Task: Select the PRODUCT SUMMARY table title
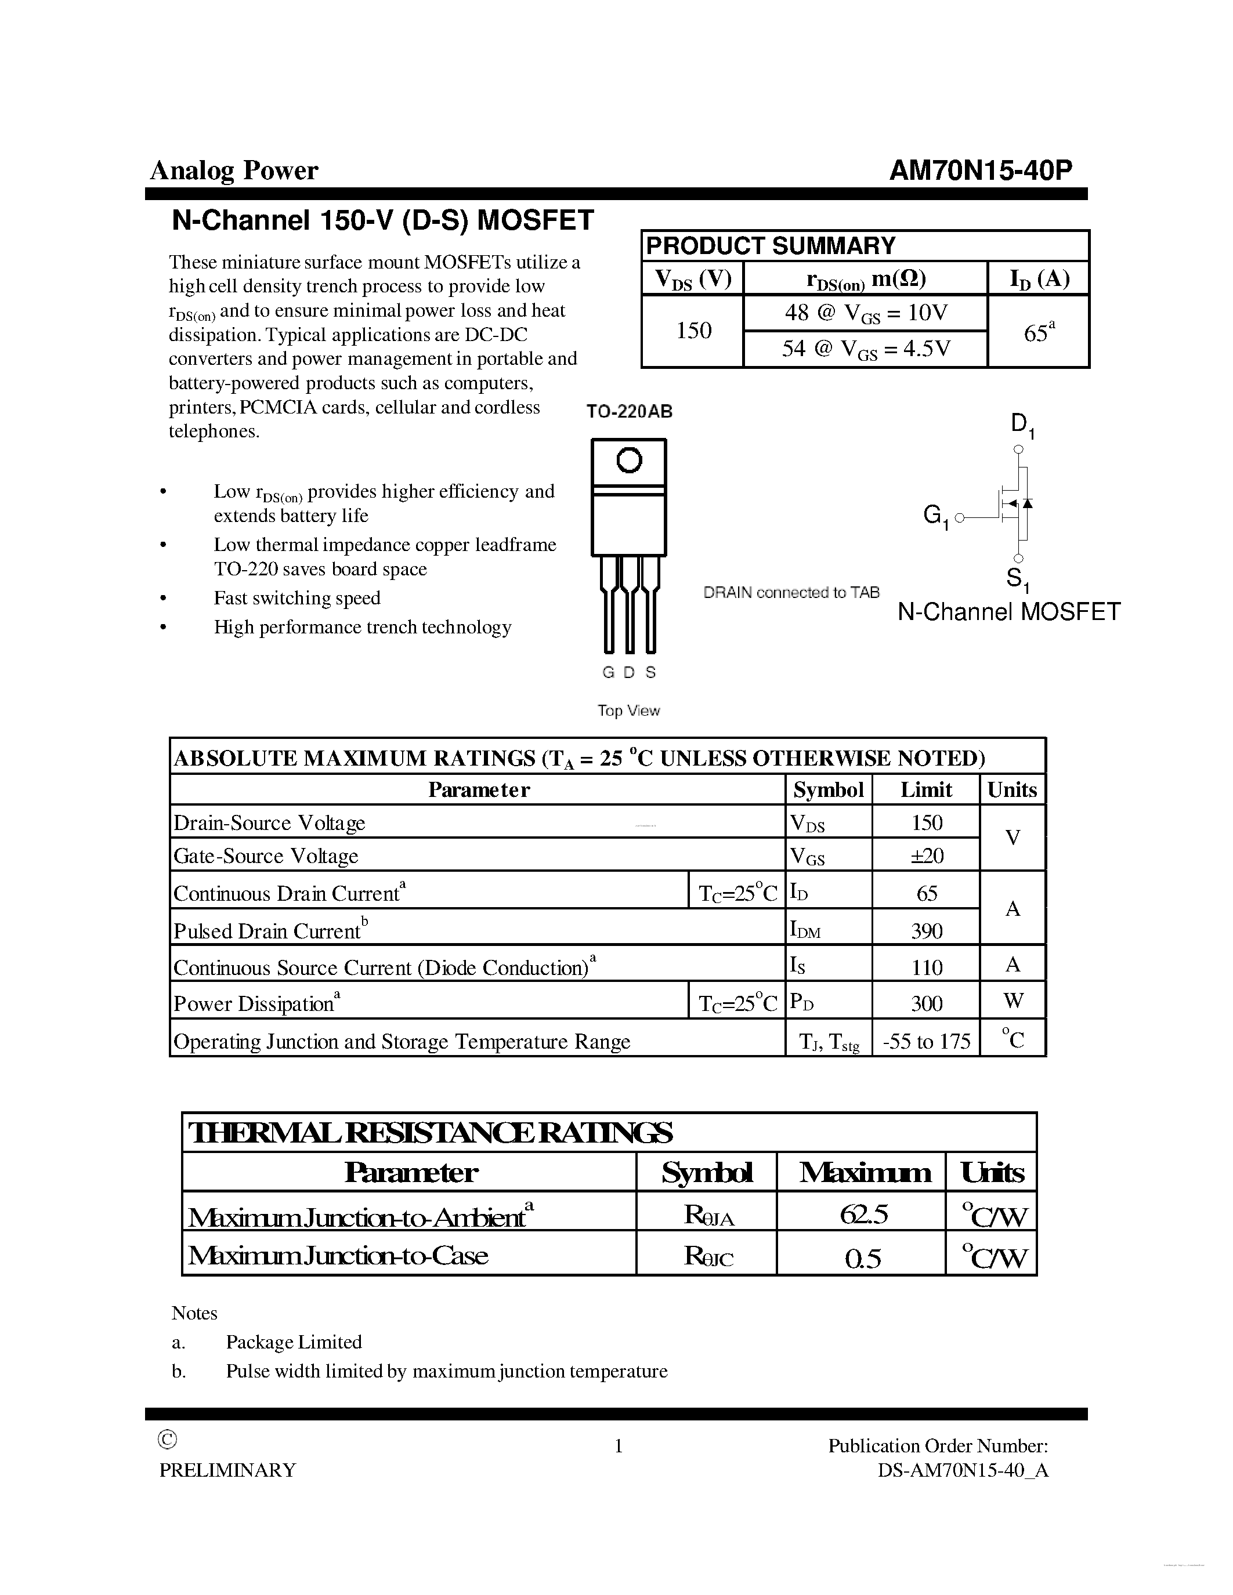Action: point(771,245)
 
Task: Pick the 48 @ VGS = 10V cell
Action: point(866,313)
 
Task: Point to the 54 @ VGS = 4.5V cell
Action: point(866,349)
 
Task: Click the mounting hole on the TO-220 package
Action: point(629,460)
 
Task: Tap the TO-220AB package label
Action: point(629,412)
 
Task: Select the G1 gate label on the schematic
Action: point(935,516)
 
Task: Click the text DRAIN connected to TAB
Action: point(791,592)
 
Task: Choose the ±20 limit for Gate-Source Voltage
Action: point(926,855)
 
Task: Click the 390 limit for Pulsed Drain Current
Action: point(926,930)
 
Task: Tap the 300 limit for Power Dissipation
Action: point(926,1003)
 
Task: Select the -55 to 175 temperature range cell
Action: point(926,1041)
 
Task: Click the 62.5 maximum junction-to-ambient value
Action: point(863,1214)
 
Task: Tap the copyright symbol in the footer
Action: point(167,1440)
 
